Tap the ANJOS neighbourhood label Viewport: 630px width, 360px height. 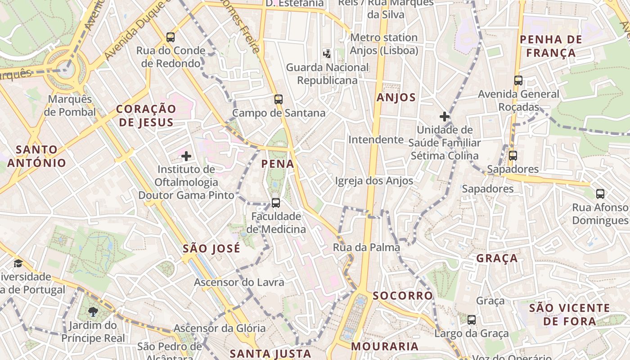coord(396,98)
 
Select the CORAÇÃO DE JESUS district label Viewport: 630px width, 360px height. coord(146,116)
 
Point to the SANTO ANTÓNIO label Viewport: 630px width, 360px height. coord(36,156)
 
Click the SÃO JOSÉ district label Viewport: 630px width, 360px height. coord(211,248)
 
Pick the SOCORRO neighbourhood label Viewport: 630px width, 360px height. coord(403,296)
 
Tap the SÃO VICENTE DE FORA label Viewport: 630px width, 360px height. coord(569,315)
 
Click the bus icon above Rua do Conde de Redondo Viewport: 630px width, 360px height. coord(170,37)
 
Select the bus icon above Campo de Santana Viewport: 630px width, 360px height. coord(279,99)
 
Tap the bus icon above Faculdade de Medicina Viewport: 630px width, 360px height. coord(276,203)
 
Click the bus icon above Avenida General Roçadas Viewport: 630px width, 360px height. coord(518,81)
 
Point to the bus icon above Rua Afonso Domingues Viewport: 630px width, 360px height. coord(600,194)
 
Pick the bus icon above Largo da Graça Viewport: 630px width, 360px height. coord(471,320)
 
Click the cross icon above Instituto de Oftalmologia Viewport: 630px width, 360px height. coord(186,156)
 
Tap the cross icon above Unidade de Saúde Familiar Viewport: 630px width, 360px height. coord(445,117)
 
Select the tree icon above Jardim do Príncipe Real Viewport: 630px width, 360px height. coord(93,311)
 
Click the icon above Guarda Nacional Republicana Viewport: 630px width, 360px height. coord(327,54)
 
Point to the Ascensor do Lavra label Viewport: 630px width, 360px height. coord(239,283)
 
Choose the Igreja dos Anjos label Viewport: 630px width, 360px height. coord(374,181)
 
